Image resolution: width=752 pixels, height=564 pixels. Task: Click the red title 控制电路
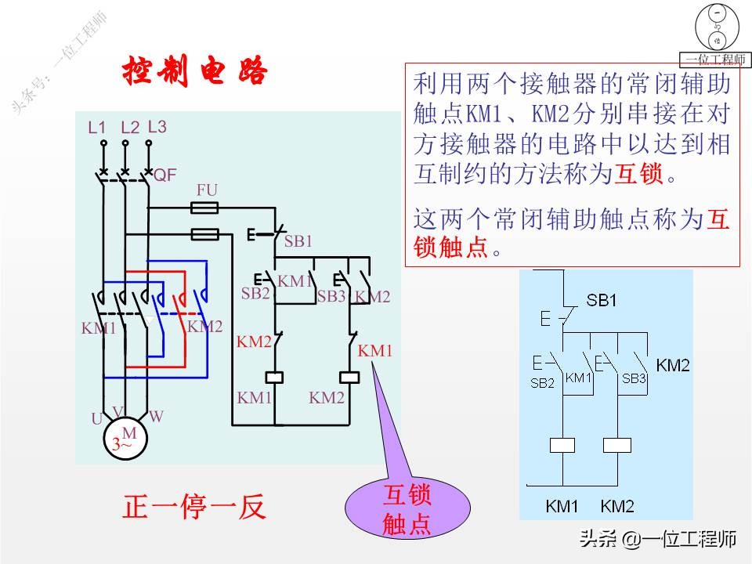click(x=194, y=73)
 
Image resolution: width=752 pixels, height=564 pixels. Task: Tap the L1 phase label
click(x=97, y=127)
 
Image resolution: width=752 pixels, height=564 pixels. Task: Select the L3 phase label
click(x=157, y=126)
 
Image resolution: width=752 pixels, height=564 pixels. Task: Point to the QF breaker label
click(x=164, y=175)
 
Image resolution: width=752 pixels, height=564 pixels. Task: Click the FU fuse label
click(x=207, y=190)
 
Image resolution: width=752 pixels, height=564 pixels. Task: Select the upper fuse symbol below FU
click(x=205, y=208)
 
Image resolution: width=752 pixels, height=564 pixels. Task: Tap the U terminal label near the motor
click(x=96, y=419)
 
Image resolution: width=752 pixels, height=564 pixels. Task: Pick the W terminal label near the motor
click(x=156, y=417)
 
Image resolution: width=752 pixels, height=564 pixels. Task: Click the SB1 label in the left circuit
click(x=298, y=241)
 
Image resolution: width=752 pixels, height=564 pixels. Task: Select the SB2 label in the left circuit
click(x=255, y=294)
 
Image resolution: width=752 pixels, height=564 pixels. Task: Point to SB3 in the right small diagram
click(x=634, y=378)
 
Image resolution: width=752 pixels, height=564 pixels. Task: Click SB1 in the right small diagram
click(x=602, y=301)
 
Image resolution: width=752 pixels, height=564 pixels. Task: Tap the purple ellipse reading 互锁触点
click(x=407, y=509)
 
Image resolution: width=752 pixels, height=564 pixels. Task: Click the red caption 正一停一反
click(x=194, y=507)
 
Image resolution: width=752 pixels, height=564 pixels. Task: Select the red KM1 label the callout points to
click(x=374, y=351)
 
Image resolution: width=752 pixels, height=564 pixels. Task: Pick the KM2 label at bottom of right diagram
click(x=617, y=505)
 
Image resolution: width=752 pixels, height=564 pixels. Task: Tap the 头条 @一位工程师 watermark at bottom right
click(x=657, y=539)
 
